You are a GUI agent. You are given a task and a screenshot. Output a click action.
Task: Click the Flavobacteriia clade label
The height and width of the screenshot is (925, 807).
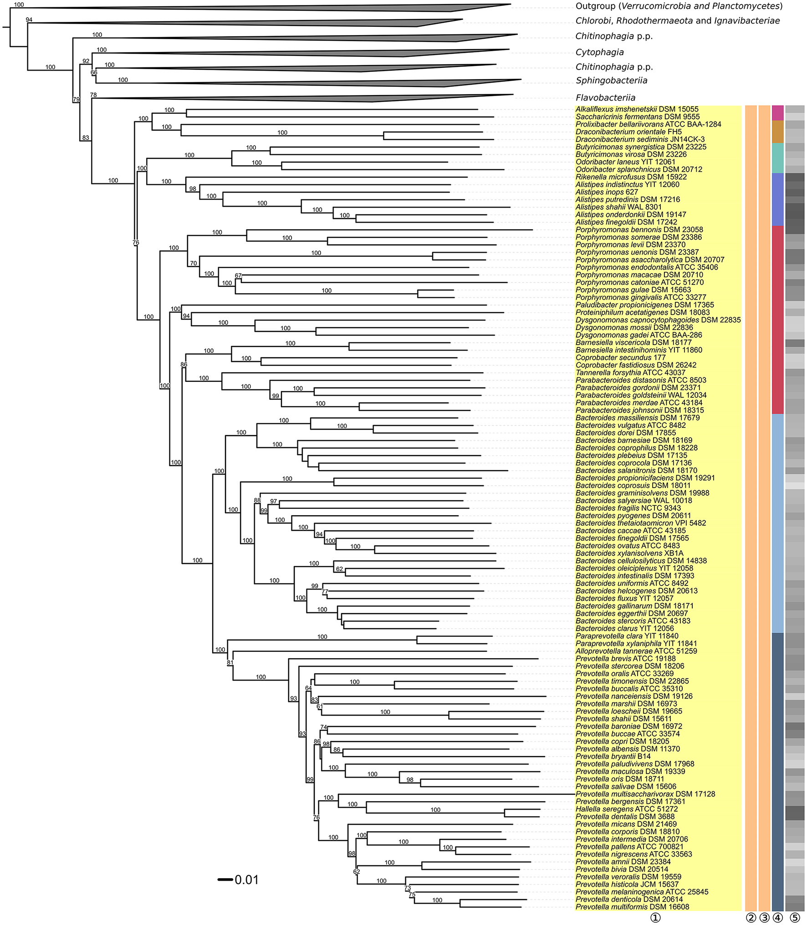[x=605, y=97]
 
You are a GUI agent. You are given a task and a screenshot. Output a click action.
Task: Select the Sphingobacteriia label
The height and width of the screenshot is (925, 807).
[x=611, y=81]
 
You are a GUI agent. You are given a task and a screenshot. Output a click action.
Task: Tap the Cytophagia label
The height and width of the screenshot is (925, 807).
[x=599, y=52]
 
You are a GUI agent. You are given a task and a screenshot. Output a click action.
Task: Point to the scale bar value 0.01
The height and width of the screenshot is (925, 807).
[x=246, y=880]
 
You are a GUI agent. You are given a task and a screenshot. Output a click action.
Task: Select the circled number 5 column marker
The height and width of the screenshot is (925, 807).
[x=795, y=918]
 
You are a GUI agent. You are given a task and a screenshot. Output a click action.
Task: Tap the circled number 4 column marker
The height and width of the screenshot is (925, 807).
[x=777, y=918]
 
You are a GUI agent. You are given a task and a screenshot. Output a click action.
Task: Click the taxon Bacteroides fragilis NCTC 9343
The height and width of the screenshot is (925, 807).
[x=628, y=508]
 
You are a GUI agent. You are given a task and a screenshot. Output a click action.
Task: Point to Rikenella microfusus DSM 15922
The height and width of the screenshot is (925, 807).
[x=631, y=177]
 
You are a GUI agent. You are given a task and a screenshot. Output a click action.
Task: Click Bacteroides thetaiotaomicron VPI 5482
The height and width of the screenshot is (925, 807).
[x=641, y=523]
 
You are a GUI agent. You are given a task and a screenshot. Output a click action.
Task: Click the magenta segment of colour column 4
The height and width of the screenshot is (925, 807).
[x=777, y=112]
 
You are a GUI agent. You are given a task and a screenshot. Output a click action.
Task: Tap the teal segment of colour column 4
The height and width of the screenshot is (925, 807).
[x=777, y=158]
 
